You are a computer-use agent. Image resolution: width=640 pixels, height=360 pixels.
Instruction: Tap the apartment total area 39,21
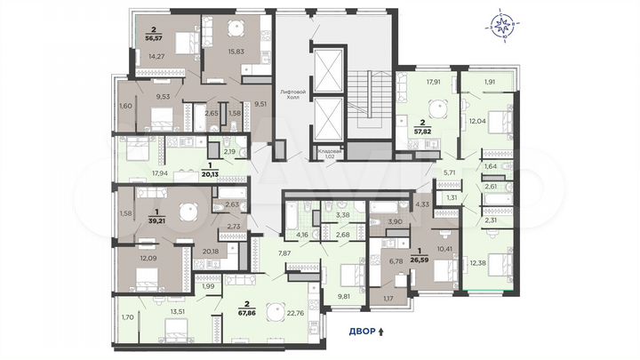(x=142, y=196)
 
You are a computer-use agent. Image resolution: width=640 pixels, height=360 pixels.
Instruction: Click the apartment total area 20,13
(x=212, y=173)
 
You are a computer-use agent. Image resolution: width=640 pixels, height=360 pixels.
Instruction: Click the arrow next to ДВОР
(x=382, y=334)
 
